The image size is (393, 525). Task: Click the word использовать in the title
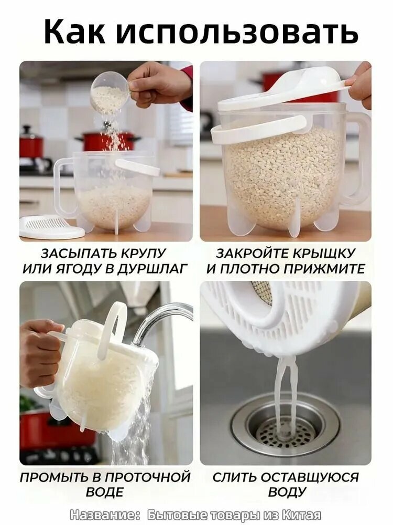237,32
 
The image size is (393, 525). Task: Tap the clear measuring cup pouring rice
110,91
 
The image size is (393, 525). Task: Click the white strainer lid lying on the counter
52,227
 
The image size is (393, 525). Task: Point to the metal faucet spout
160,322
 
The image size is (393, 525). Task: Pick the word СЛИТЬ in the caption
234,477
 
